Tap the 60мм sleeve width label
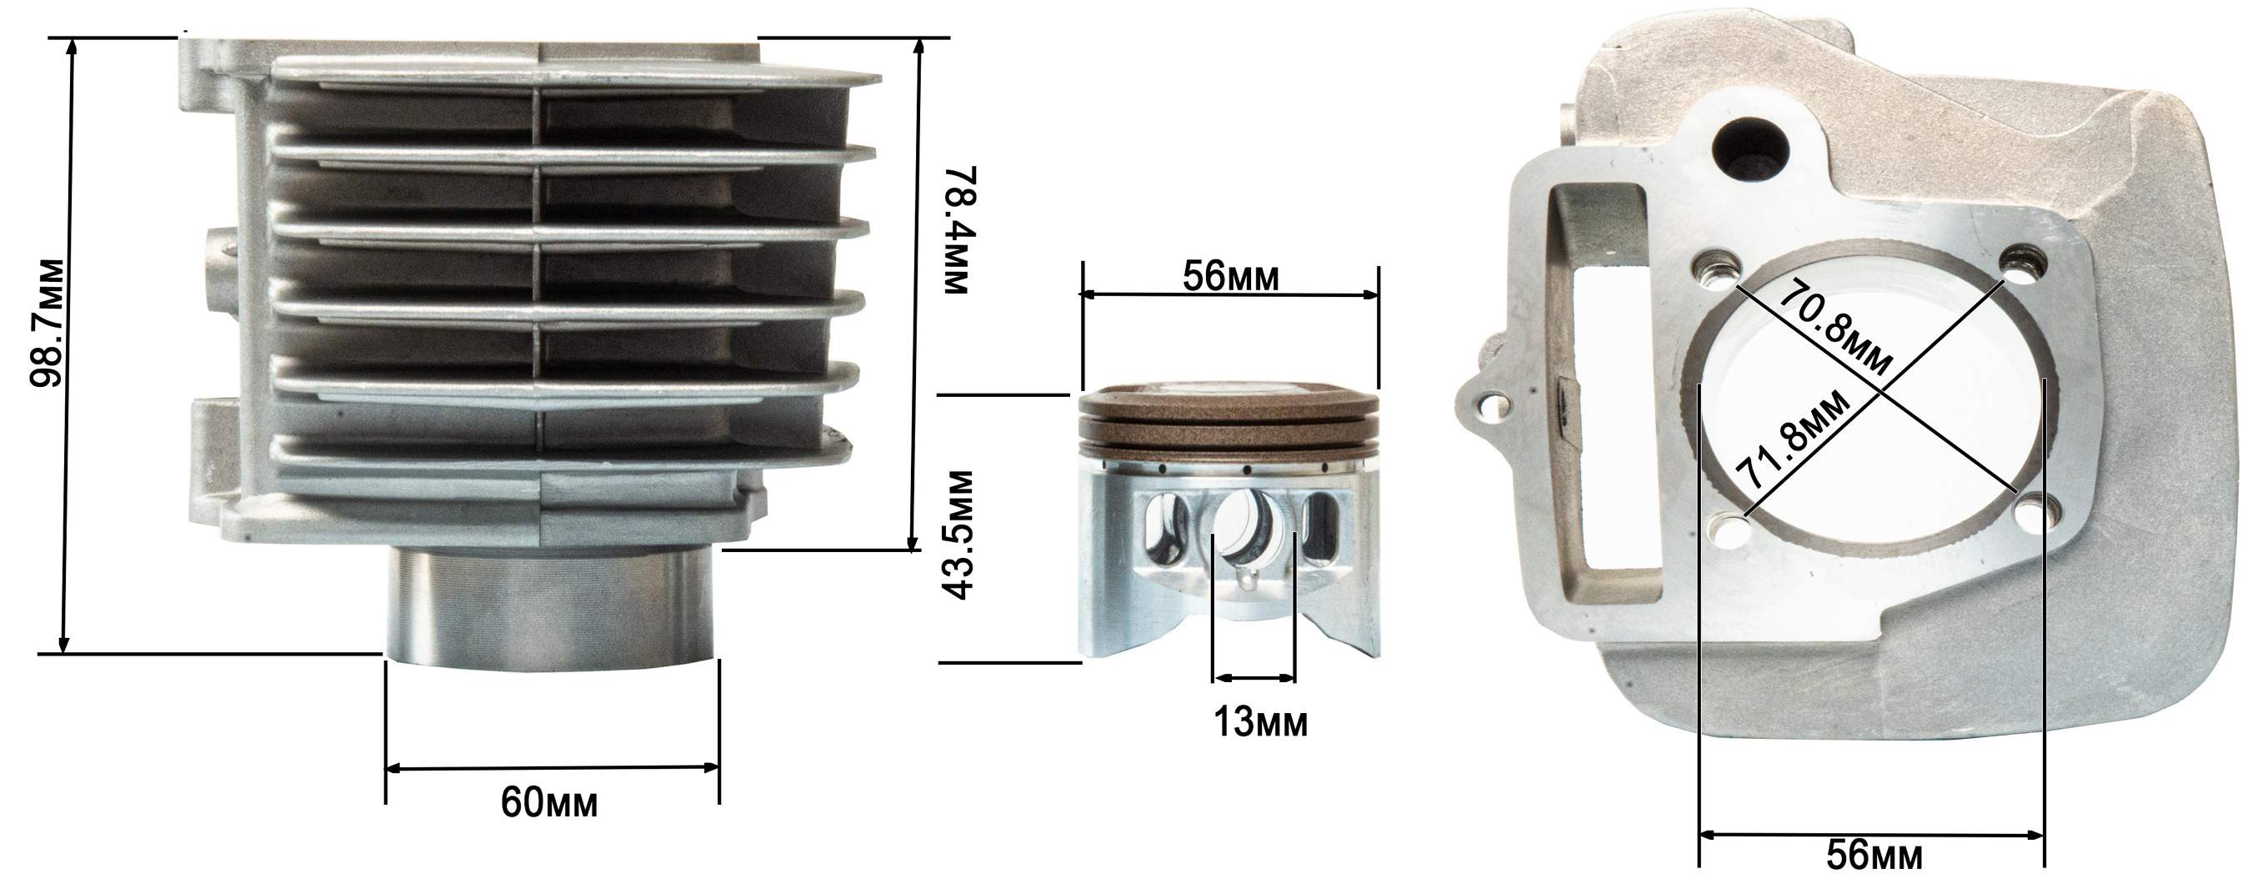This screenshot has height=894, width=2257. pos(549,801)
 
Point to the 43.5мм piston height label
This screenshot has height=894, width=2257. pos(957,535)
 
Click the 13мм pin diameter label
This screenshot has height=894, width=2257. pos(1260,722)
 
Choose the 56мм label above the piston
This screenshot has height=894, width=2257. pos(1231,276)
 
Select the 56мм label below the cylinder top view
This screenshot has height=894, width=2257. pos(1875,856)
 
